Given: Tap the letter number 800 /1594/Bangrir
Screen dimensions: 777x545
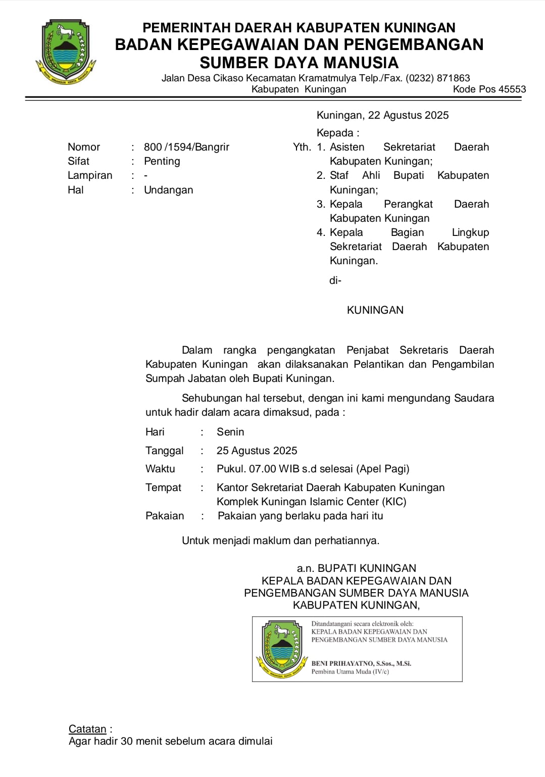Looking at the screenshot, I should (186, 147).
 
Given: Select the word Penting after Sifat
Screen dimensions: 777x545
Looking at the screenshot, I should (162, 161).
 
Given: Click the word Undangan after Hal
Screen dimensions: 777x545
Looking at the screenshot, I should (168, 190).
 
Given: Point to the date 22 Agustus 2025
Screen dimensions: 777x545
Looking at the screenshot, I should (408, 115).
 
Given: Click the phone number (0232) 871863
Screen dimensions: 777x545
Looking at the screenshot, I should (438, 78).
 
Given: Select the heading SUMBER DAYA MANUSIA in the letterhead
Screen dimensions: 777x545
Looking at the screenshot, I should (299, 63).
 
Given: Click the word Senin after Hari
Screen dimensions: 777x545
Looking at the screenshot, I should (230, 432).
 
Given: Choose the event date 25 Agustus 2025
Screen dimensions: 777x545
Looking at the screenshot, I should (257, 451).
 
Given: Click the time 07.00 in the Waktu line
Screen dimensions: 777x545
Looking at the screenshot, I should (263, 469).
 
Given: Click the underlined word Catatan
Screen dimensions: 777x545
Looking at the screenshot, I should (87, 729).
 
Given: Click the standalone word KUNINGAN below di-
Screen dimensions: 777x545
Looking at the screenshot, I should (375, 310).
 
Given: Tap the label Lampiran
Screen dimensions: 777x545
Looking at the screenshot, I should (90, 175).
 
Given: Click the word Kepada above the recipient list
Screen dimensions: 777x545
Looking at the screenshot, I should (335, 133).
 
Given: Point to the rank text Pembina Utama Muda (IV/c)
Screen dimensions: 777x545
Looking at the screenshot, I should (350, 671).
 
